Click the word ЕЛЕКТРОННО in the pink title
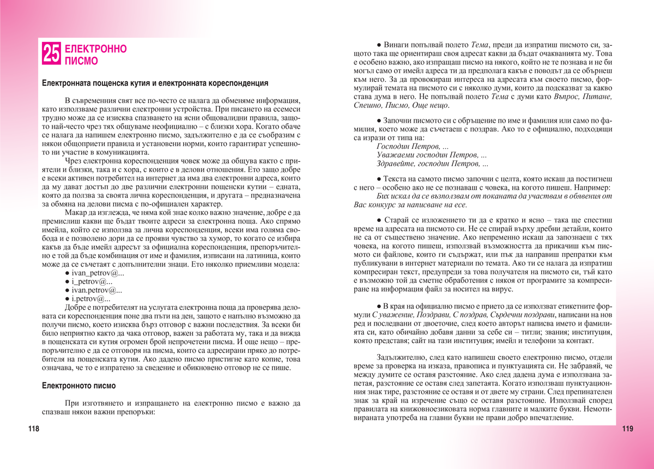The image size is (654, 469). pyautogui.click(x=95, y=49)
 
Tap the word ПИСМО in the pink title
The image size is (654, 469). pyautogui.click(x=81, y=61)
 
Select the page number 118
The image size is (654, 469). pyautogui.click(x=34, y=429)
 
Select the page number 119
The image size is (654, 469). pyautogui.click(x=627, y=429)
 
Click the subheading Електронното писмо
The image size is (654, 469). pyautogui.click(x=79, y=386)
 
